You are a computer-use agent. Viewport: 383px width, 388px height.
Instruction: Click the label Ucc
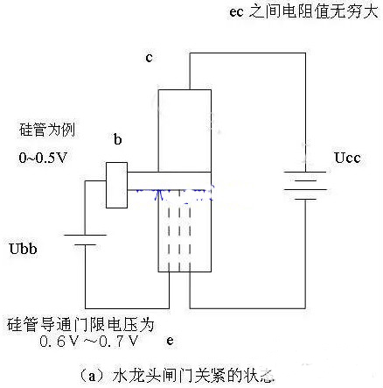click(x=347, y=159)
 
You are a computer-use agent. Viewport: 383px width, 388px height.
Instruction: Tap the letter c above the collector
click(x=150, y=57)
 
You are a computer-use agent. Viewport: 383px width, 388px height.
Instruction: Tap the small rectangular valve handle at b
click(x=116, y=185)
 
